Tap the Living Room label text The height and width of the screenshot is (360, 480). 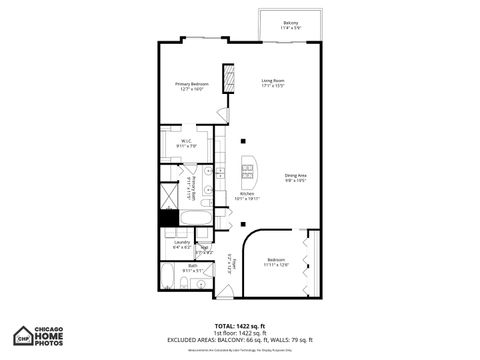pos(274,82)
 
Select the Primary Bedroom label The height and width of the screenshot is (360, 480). pos(191,86)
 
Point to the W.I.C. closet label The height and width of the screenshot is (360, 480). pos(187,143)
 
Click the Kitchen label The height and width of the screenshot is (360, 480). pos(246,195)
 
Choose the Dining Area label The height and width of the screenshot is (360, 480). pos(295,178)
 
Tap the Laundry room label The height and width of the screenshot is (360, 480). pos(182,243)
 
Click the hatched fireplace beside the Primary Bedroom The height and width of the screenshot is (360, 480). pos(228,78)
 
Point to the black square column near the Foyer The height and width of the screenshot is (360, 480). pos(242,224)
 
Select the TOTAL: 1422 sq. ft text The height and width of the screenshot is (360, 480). pos(240,326)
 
